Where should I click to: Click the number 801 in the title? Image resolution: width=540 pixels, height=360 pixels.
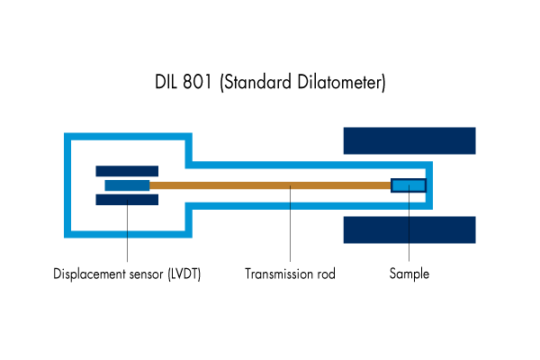coord(197,82)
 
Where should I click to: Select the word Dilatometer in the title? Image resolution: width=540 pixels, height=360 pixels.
coord(341,83)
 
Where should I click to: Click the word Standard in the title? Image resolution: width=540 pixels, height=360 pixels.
coord(256,83)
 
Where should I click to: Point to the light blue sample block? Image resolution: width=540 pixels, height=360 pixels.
coord(409,185)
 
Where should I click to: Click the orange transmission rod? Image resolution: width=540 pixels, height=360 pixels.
coord(270,185)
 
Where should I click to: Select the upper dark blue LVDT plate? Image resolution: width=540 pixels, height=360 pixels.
coord(127,171)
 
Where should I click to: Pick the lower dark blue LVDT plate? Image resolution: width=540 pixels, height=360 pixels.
coord(127,200)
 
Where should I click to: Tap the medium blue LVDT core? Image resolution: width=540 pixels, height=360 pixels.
coord(127,185)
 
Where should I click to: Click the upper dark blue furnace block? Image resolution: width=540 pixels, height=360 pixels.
coord(409,140)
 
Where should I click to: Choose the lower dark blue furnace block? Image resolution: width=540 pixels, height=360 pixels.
coord(409,229)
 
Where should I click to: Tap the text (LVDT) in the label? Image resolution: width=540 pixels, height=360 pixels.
coord(184,274)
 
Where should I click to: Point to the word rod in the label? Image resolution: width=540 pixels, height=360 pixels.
coord(325,274)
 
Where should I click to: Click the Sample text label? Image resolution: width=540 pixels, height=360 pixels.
coord(409,274)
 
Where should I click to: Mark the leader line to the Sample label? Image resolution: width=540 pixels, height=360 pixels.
coord(409,223)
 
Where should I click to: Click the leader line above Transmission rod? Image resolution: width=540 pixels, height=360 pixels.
coord(291,223)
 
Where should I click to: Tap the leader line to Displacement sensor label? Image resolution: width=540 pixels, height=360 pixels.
coord(128,230)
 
